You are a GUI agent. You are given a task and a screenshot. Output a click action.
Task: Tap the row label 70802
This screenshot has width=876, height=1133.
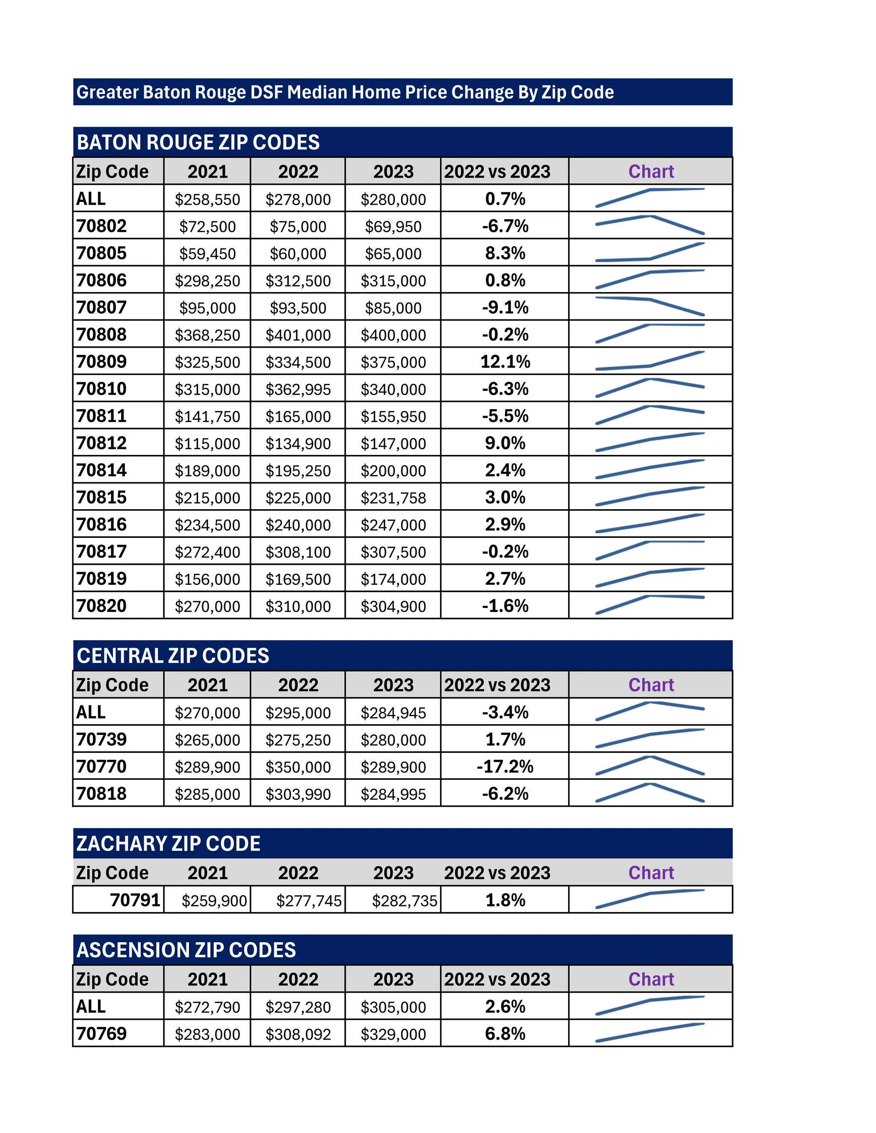[x=102, y=226]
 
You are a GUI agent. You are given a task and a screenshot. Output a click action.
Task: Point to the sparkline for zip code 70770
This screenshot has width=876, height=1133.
[x=650, y=766]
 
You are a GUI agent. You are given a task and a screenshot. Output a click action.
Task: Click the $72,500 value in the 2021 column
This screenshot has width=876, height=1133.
[x=207, y=227]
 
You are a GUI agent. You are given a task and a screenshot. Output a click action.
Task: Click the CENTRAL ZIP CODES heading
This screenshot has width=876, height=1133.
[x=173, y=656]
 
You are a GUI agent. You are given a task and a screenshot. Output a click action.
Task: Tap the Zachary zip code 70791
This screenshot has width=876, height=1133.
[x=135, y=900]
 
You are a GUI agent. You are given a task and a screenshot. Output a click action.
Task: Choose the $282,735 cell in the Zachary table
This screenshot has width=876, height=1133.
[x=404, y=900]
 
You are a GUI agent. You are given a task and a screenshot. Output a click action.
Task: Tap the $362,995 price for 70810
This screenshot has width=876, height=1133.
[x=298, y=389]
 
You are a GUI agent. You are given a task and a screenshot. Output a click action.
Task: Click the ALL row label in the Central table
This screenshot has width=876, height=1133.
[x=91, y=712]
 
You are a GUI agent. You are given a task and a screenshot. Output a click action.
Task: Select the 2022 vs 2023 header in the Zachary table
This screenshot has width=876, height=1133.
[x=497, y=873]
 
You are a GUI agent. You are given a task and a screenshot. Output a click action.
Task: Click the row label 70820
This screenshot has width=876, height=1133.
[x=102, y=606]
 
